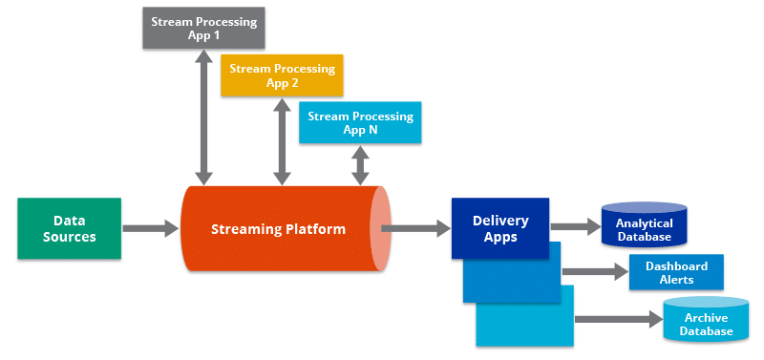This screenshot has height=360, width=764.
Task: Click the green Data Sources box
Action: (69, 228)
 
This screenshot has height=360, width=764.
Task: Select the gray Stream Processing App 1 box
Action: (203, 27)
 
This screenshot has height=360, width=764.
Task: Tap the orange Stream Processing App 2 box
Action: (282, 75)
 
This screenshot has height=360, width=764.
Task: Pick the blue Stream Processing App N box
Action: (360, 122)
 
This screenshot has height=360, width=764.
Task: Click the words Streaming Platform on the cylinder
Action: (278, 229)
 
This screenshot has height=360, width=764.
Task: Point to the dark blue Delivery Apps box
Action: (500, 228)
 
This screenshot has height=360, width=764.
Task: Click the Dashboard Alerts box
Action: (675, 272)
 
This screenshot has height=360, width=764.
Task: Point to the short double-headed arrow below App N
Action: (360, 165)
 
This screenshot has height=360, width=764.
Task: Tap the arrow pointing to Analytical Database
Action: (574, 227)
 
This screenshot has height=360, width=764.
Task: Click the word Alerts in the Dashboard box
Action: (675, 281)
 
